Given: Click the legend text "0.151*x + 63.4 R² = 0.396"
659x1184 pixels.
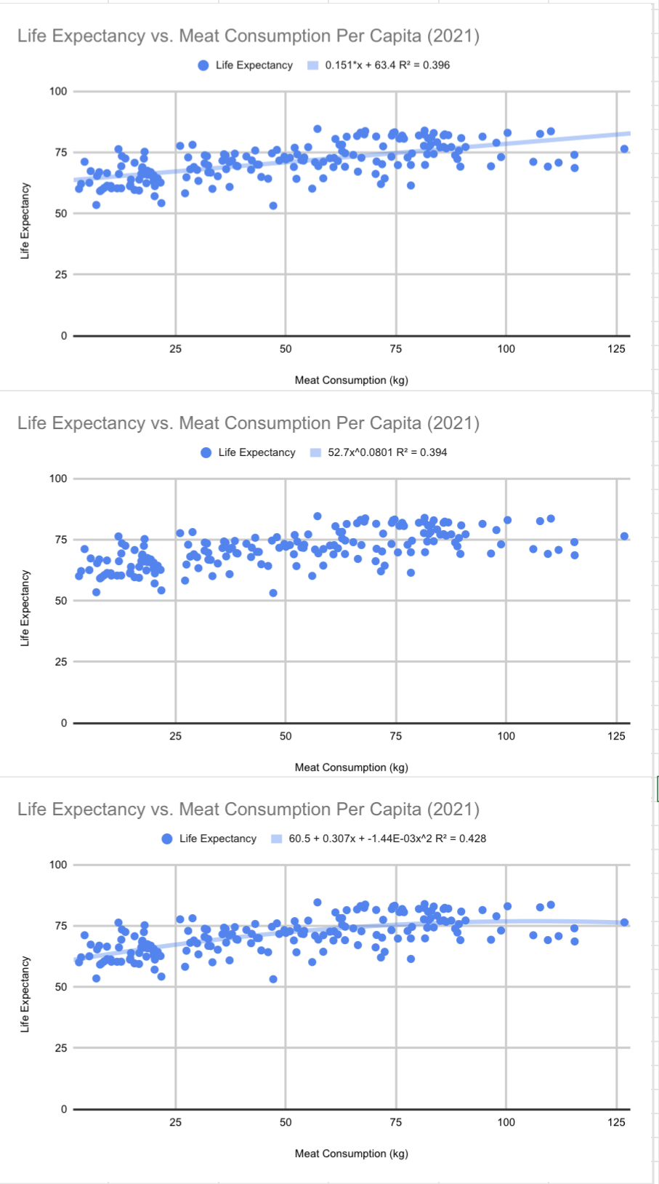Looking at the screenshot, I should pos(387,65).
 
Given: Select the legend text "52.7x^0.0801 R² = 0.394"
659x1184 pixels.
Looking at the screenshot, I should pos(387,452).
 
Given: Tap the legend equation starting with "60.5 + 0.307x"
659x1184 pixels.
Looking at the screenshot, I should pos(387,839).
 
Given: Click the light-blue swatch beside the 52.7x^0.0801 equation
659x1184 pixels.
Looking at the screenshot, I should pos(315,452).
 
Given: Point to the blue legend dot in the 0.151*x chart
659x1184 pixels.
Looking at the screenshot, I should pos(203,65).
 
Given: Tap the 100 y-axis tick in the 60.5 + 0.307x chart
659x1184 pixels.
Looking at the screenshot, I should pos(58,865).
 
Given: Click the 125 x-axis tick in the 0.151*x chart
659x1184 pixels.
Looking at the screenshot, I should pos(616,349).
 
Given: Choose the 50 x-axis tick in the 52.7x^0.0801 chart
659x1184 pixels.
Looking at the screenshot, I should pos(286,736).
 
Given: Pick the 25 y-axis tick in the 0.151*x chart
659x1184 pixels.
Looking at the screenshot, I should pos(61,275).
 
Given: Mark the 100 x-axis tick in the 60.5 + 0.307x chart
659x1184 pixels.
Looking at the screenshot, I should pos(506,1122).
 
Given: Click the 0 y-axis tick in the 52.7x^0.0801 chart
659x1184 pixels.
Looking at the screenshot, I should pos(64,723).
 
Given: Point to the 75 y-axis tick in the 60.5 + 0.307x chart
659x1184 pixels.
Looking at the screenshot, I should pos(61,926).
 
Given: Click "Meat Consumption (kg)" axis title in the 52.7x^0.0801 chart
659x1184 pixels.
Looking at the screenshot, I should pos(351,767).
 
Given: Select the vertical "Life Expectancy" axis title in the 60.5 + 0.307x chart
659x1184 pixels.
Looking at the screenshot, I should pos(25,994).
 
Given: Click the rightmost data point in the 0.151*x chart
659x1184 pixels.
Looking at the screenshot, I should pos(624,149).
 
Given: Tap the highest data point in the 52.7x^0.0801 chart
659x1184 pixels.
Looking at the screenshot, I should pos(318,516).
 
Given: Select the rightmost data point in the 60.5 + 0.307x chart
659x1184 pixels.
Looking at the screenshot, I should pos(624,922).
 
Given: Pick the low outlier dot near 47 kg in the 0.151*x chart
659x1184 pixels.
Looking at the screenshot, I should pos(273,206).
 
